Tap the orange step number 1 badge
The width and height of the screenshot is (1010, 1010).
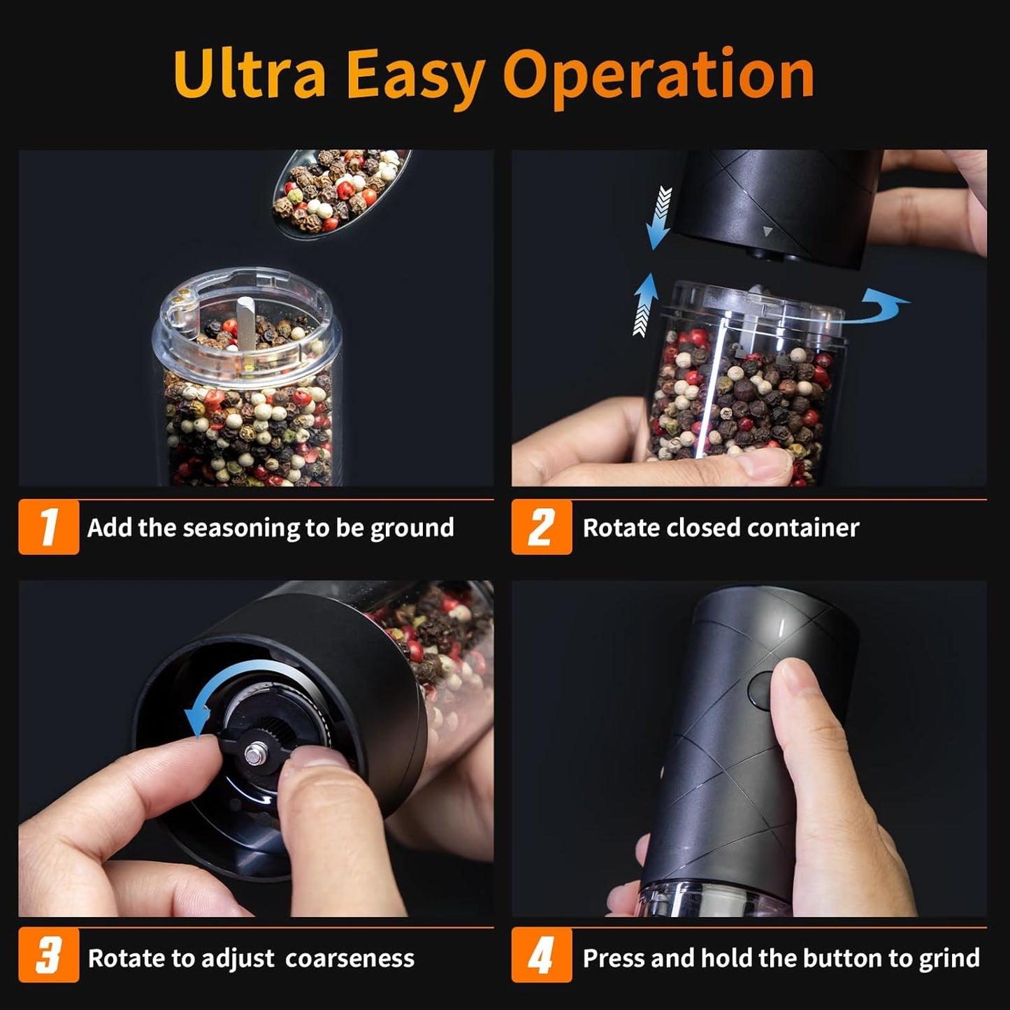tap(48, 527)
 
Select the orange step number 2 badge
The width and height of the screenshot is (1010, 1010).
tap(541, 527)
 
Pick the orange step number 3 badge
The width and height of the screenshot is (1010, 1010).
tap(48, 955)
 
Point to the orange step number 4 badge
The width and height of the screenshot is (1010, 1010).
tap(541, 955)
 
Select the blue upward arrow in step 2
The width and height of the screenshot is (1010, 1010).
tap(645, 304)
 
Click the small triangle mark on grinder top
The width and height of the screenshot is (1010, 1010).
tap(767, 231)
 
